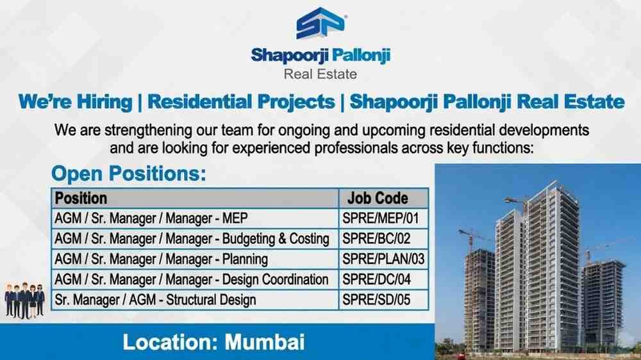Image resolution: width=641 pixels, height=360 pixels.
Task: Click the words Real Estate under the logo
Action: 320,74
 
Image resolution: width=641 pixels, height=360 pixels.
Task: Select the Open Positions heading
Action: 129,174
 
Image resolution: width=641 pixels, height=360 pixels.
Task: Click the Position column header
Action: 81,198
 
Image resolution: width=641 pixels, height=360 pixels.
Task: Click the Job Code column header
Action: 378,198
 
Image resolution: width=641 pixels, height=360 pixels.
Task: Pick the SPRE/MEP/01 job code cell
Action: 381,219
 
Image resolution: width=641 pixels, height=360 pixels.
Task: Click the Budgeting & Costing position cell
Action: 192,239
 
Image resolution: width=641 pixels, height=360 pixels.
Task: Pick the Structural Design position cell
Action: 156,299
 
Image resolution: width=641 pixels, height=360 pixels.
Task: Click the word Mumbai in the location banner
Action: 264,341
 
